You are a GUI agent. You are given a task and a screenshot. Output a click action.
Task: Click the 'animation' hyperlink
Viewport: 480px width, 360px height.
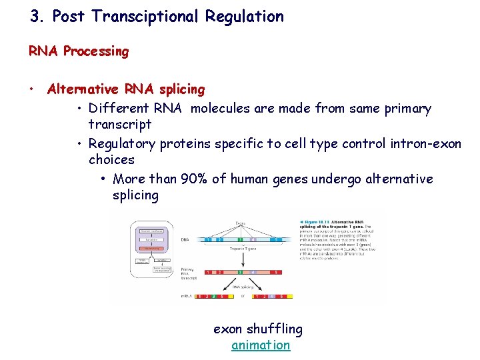(261, 345)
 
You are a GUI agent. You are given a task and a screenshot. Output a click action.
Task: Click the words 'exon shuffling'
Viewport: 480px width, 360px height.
(257, 329)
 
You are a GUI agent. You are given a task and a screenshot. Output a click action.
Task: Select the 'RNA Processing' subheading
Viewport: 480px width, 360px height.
(79, 51)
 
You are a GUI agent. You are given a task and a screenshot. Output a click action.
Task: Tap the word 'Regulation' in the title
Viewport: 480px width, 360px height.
(245, 17)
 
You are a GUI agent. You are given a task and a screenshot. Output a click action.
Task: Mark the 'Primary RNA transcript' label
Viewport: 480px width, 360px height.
(189, 272)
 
